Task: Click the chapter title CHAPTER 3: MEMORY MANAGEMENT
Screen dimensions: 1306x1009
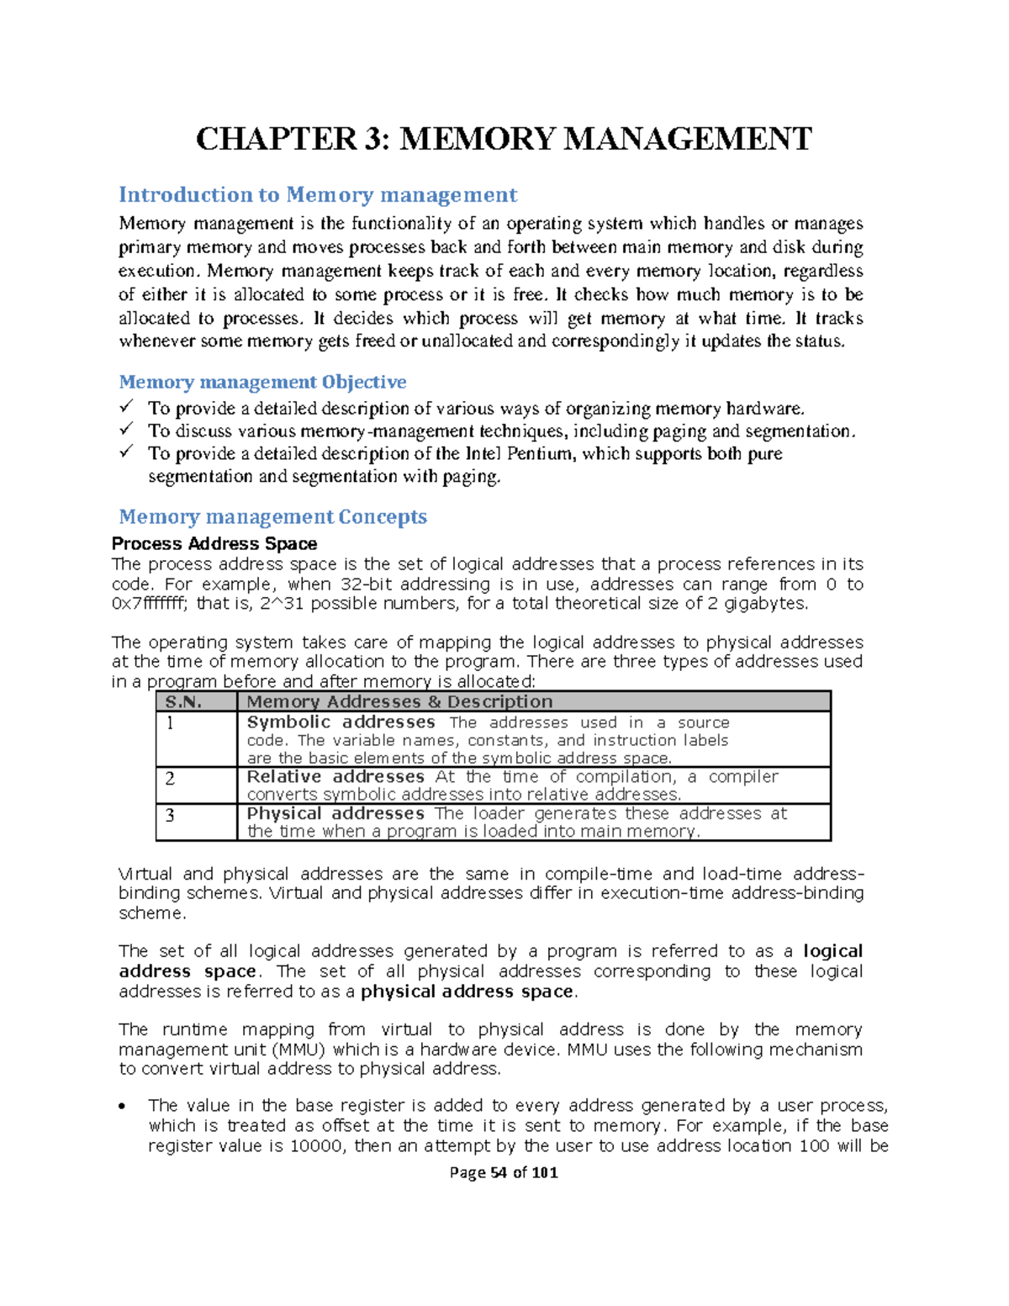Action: point(504,139)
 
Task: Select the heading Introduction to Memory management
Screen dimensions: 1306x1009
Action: point(317,195)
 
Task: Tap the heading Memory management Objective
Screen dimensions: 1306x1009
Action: point(262,382)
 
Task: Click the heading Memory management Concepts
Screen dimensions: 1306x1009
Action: point(272,516)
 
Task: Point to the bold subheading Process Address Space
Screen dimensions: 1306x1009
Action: point(214,543)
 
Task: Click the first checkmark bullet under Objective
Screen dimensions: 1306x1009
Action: point(126,407)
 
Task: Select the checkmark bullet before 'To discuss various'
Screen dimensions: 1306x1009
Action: point(126,430)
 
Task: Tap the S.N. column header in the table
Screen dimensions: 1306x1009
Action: point(183,701)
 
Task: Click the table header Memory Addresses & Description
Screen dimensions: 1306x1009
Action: point(399,701)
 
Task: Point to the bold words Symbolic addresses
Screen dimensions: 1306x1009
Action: point(341,722)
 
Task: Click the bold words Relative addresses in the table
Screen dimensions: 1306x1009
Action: point(335,777)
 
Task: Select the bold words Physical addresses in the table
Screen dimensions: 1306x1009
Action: point(335,813)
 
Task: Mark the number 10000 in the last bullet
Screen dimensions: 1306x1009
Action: point(316,1145)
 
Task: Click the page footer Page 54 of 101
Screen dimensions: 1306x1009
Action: point(504,1172)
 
